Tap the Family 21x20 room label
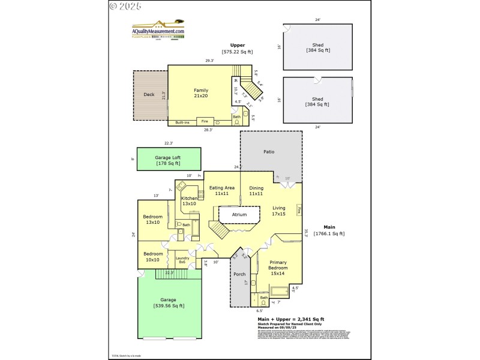pyautogui.click(x=200, y=93)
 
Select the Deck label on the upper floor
pyautogui.click(x=149, y=94)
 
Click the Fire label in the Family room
pyautogui.click(x=205, y=121)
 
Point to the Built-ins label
pyautogui.click(x=182, y=122)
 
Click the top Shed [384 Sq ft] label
pyautogui.click(x=317, y=47)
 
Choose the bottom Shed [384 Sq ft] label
pyautogui.click(x=317, y=101)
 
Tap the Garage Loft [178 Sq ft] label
pyautogui.click(x=169, y=160)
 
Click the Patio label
pyautogui.click(x=269, y=152)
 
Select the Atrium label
pyautogui.click(x=239, y=214)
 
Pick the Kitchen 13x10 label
pyautogui.click(x=190, y=201)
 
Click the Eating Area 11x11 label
pyautogui.click(x=222, y=191)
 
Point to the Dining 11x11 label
pyautogui.click(x=256, y=191)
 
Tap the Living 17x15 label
pyautogui.click(x=279, y=211)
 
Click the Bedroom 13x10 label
pyautogui.click(x=152, y=219)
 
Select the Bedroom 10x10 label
pyautogui.click(x=152, y=257)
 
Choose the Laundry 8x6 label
pyautogui.click(x=182, y=260)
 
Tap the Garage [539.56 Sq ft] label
pyautogui.click(x=169, y=302)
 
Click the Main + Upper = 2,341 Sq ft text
pyautogui.click(x=290, y=319)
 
